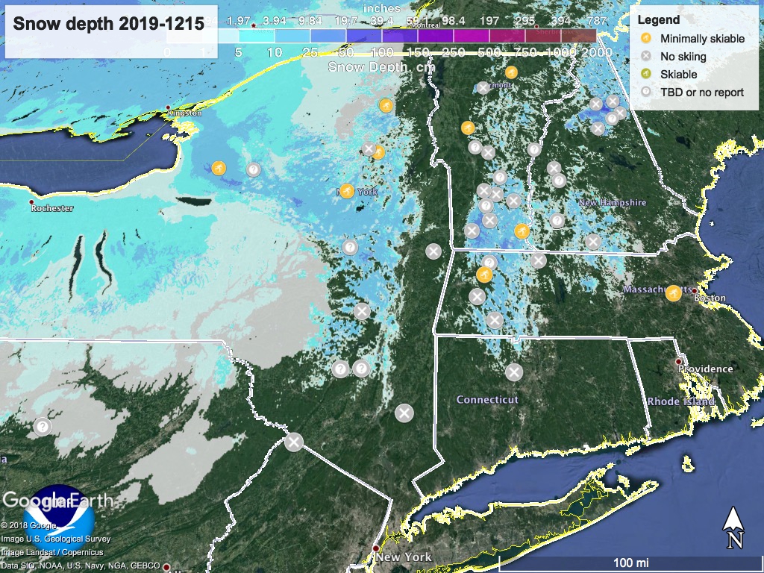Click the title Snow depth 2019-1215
coord(108,24)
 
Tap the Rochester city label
coord(51,208)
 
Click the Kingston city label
coord(184,113)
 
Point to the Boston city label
coord(710,298)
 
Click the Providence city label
coord(705,369)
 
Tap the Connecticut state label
coord(486,400)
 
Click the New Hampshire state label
coord(612,203)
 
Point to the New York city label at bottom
coord(403,557)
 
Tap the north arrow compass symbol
coord(733,527)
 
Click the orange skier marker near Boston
coord(673,293)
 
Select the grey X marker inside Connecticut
coord(514,372)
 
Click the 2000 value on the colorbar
coord(597,52)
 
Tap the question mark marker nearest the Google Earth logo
coord(43,428)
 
